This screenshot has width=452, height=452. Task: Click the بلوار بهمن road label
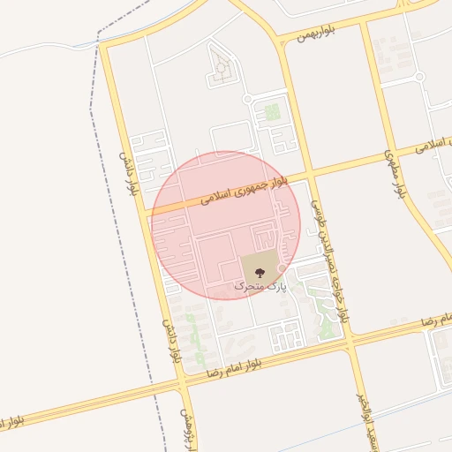[x=315, y=34]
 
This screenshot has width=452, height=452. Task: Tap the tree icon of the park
[x=259, y=270]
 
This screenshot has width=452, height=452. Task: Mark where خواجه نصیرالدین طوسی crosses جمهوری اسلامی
[x=308, y=175]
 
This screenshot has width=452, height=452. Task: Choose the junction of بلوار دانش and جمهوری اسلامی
[x=146, y=210]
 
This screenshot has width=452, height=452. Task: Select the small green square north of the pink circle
[x=272, y=112]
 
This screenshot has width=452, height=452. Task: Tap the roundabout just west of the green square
[x=248, y=99]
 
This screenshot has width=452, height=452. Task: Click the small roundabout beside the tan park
[x=282, y=267]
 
